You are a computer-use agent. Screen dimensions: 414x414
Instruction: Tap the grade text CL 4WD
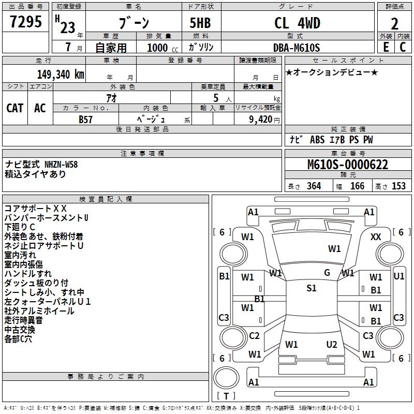point(297,23)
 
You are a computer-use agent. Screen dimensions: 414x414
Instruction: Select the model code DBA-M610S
point(297,48)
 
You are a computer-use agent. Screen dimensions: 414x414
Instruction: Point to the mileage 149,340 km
point(61,75)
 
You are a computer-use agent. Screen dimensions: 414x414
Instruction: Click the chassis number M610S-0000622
point(347,165)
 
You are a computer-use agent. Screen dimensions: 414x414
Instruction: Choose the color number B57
point(86,119)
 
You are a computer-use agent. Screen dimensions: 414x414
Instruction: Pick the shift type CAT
point(15,108)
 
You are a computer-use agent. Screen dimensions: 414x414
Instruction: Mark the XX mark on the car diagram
point(376,237)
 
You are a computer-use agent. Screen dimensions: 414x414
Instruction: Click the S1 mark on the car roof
point(312,288)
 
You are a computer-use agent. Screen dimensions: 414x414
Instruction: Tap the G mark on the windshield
point(327,273)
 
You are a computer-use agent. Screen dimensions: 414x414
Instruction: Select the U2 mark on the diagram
point(332,345)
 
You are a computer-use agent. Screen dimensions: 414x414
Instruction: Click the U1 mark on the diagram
point(399,276)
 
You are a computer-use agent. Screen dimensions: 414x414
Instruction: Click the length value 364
point(313,186)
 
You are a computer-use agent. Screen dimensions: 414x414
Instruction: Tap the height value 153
point(398,186)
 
